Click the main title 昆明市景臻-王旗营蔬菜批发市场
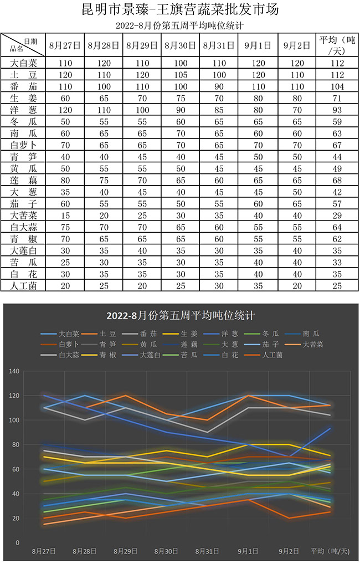coord(180,10)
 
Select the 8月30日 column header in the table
coord(181,45)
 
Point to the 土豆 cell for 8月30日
coord(181,75)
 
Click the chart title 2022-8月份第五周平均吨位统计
coord(181,316)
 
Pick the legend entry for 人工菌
coord(271,355)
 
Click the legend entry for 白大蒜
coord(69,355)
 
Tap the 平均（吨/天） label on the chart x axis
coord(331,551)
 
